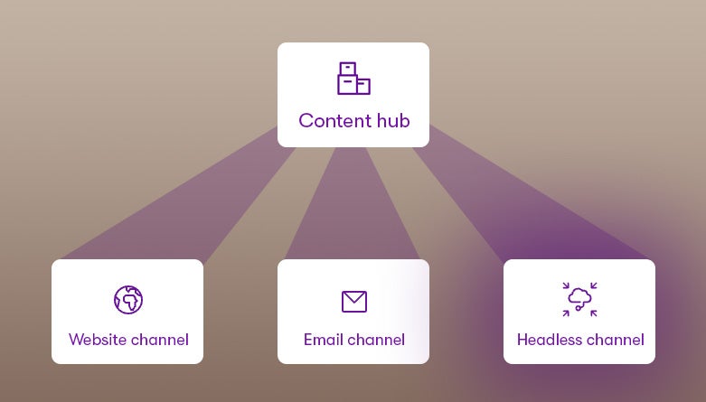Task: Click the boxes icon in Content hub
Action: (x=353, y=79)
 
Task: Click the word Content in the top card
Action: (x=332, y=120)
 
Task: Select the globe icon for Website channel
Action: (x=128, y=299)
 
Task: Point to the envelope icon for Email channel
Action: (x=354, y=301)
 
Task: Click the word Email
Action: (x=323, y=341)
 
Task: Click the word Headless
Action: (x=546, y=341)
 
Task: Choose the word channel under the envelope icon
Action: (x=376, y=341)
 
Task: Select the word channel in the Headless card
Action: (x=614, y=341)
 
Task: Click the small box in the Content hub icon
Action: (x=363, y=87)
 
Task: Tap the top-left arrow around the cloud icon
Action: (x=567, y=286)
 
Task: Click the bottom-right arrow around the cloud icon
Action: (x=593, y=312)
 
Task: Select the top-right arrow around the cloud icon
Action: (x=593, y=286)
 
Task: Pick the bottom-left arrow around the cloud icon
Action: (x=567, y=312)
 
